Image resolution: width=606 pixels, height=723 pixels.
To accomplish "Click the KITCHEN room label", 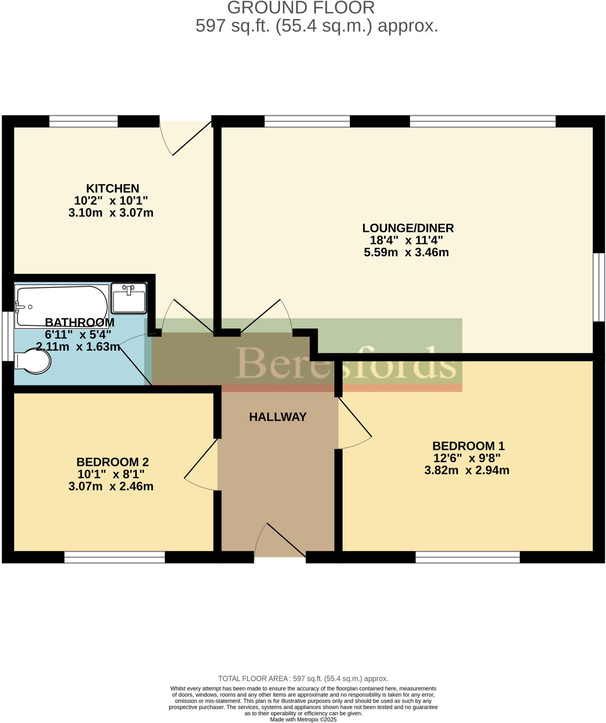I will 113,188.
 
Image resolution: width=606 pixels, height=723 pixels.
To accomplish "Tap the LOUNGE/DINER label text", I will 408,228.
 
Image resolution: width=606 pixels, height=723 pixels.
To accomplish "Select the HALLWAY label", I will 277,417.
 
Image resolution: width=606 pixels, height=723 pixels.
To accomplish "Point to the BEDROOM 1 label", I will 468,446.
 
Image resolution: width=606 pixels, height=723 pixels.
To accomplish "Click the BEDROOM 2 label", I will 113,462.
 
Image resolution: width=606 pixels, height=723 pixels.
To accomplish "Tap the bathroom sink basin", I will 129,298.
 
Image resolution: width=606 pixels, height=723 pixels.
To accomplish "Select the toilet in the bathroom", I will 34,361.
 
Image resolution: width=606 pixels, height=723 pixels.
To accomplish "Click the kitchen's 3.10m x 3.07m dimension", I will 111,213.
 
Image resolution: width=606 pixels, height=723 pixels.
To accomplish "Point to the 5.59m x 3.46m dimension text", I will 406,252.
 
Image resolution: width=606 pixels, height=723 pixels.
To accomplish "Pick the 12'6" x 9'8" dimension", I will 467,458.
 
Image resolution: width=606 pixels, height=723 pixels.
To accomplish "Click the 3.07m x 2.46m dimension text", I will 111,486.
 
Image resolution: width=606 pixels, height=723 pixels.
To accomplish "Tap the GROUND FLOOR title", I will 301,8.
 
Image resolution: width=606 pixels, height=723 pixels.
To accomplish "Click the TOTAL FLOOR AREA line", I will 303,679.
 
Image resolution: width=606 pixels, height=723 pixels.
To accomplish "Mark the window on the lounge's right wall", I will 599,287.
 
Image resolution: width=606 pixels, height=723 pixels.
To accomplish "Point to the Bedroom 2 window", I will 114,557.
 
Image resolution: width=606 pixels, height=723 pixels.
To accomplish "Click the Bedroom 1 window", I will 467,557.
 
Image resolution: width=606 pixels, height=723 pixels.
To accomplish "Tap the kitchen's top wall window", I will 83,121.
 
